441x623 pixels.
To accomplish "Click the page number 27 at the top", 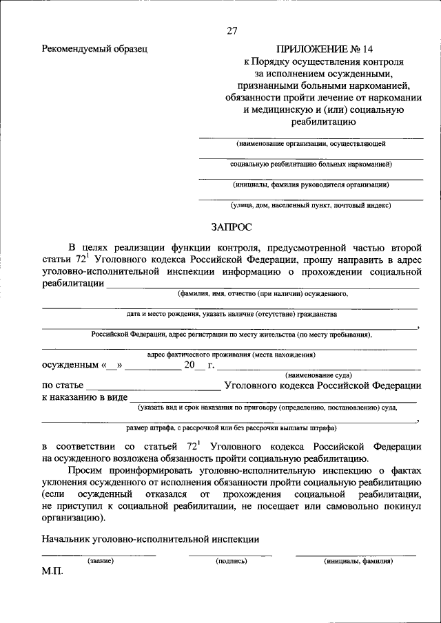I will click(x=232, y=30).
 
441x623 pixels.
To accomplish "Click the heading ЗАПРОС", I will click(x=232, y=225).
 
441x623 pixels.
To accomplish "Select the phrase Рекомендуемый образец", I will click(x=94, y=49).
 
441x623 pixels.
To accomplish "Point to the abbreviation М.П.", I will click(x=52, y=572).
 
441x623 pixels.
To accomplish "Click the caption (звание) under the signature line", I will click(x=100, y=561).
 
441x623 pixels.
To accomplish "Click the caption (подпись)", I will click(x=231, y=561).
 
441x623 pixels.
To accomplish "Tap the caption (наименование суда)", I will click(x=318, y=374).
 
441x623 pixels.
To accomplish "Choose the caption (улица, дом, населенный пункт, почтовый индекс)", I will click(x=311, y=204).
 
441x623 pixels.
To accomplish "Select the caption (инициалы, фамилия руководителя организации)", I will click(x=311, y=184).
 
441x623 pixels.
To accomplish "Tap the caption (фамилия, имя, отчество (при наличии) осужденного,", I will click(x=263, y=293).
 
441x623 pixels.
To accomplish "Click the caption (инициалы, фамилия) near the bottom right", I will click(x=358, y=561).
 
